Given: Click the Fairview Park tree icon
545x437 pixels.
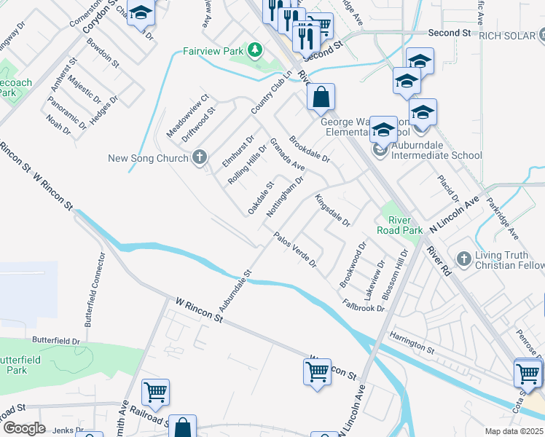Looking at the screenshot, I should click(x=254, y=50).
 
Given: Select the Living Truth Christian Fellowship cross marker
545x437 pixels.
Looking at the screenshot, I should click(x=463, y=259).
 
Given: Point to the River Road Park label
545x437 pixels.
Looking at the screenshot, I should click(x=400, y=225).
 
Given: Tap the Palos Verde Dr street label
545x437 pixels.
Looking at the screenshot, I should click(x=295, y=251).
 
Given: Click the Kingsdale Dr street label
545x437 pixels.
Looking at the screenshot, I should click(x=333, y=210).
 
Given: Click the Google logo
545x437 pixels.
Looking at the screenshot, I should click(x=24, y=428).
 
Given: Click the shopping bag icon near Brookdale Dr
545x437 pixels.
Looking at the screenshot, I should click(x=321, y=97).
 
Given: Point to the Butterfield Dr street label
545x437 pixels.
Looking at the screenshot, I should click(x=56, y=340).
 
